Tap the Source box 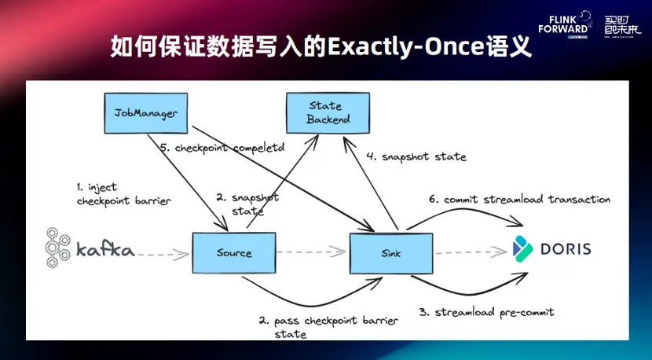(x=234, y=252)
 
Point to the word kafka (x=105, y=251)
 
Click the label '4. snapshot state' (x=416, y=156)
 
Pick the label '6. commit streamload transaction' (x=519, y=200)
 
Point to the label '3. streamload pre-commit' (x=486, y=312)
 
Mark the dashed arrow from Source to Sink (x=312, y=252)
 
